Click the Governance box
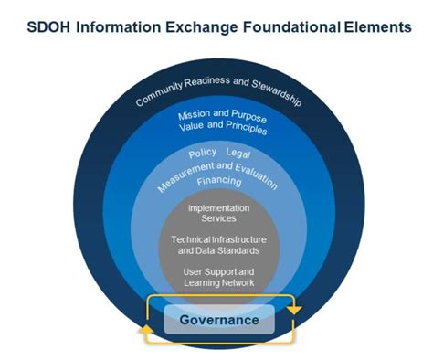219,320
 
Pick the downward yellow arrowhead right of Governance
294,312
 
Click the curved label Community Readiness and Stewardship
217,88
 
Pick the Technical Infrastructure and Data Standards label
217,244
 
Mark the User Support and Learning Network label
217,277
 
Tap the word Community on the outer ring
157,95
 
